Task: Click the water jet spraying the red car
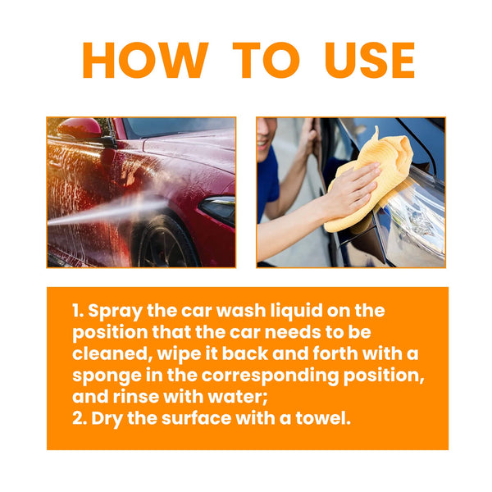pos(98,212)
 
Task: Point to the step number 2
pos(77,418)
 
